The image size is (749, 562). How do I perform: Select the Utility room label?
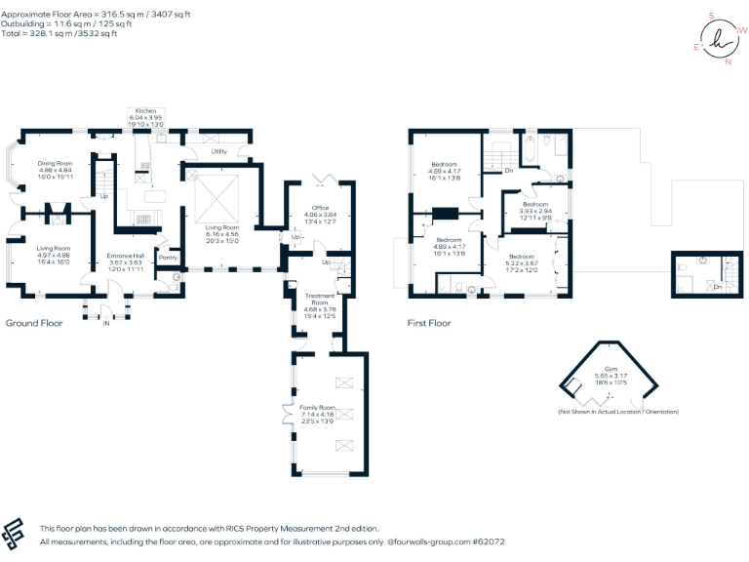click(219, 151)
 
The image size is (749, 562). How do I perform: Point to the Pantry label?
click(168, 258)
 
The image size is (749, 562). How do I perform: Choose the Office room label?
click(320, 208)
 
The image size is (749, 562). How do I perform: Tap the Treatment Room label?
click(320, 296)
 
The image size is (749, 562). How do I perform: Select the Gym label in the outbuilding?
click(611, 368)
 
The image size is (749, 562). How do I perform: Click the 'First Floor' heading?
click(431, 322)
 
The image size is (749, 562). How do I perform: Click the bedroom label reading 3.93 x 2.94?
click(535, 204)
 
